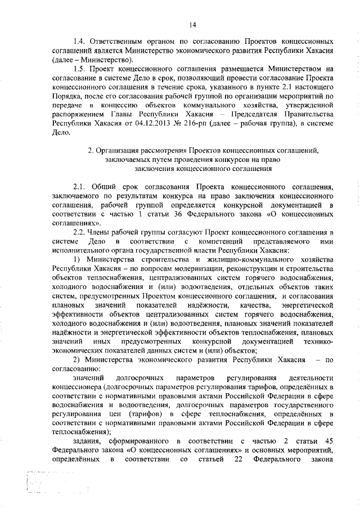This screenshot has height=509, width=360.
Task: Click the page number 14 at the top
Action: coord(192,24)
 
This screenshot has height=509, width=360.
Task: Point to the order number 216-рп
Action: coord(189,123)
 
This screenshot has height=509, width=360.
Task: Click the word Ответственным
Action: coord(123,42)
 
